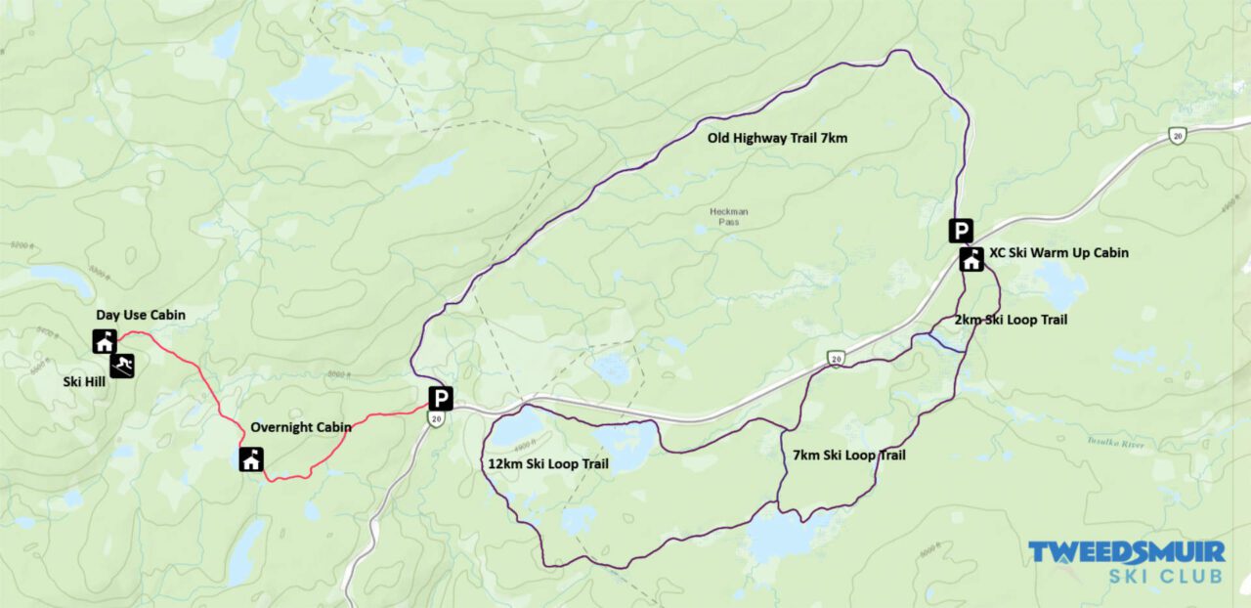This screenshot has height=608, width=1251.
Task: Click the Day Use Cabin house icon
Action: coord(105,341)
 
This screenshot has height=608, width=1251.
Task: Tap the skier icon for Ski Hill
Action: coord(122,366)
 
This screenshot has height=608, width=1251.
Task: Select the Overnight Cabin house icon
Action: coord(251,458)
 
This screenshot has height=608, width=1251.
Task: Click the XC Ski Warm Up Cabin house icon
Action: coord(971,259)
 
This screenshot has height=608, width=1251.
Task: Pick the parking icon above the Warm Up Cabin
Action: coord(962,231)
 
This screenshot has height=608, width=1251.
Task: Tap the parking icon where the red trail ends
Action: coord(441,398)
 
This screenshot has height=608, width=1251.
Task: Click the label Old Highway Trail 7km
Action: coord(777,139)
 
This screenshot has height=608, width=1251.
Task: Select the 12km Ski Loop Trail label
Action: coord(547,464)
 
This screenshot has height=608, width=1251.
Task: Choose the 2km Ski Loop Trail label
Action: coord(1011,320)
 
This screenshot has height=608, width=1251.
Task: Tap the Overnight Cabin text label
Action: coord(300,427)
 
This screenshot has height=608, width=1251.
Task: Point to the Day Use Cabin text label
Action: coord(140,315)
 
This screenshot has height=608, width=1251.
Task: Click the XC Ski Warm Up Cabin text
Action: coord(1058,253)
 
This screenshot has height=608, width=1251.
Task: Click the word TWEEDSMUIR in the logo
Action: coord(1125,552)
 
